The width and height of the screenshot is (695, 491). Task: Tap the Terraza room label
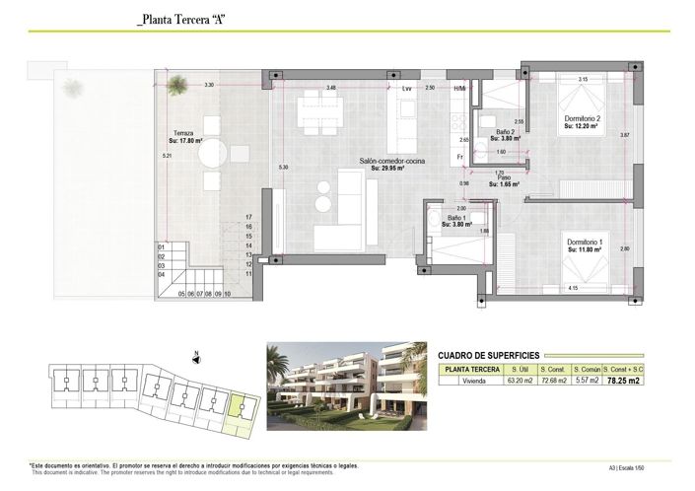[183, 133]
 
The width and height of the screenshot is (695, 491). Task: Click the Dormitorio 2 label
[582, 120]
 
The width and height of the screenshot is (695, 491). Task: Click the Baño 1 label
[456, 218]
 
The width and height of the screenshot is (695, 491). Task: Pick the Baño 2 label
[505, 132]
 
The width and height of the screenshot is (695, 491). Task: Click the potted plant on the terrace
[176, 85]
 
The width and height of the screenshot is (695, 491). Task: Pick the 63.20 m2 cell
[519, 379]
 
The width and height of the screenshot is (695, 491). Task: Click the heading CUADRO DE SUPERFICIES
[490, 354]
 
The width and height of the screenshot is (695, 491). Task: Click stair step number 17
[249, 216]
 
